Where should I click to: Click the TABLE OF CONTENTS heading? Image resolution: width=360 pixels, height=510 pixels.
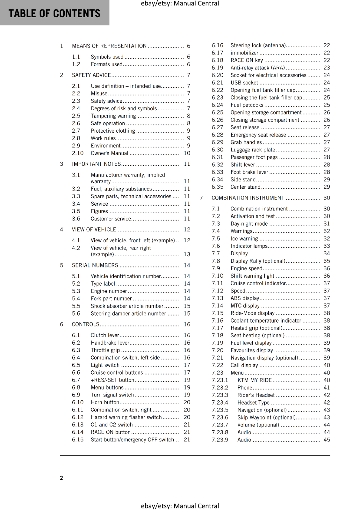[x=54, y=13]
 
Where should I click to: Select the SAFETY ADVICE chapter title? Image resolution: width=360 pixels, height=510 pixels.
[x=91, y=75]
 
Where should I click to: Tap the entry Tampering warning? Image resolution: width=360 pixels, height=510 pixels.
[x=113, y=116]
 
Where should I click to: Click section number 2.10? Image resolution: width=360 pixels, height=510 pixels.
[x=78, y=153]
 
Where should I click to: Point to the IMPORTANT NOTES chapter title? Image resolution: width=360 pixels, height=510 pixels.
[x=96, y=164]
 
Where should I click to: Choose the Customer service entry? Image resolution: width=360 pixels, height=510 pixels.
[x=111, y=219]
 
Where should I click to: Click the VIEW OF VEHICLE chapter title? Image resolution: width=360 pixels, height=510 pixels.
[x=94, y=230]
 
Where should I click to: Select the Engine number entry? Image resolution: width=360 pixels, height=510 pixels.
[x=109, y=291]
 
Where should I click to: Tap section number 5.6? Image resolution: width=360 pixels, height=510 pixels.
[x=76, y=314]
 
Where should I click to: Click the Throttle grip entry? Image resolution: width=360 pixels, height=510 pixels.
[x=105, y=350]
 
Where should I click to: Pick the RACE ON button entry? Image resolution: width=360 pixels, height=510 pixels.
[x=111, y=432]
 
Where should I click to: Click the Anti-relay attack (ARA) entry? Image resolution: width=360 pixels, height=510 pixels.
[x=258, y=68]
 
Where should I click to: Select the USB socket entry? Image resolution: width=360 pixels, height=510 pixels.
[x=244, y=83]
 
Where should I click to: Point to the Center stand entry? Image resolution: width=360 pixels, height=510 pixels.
[x=245, y=187]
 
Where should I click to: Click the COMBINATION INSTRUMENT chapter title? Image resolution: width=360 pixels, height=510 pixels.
[x=248, y=198]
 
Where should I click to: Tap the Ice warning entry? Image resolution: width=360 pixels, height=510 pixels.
[x=244, y=239]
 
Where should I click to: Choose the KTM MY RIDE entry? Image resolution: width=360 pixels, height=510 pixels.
[x=255, y=380]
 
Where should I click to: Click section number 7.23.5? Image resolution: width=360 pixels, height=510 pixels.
[x=220, y=410]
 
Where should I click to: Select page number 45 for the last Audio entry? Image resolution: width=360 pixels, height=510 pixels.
[x=327, y=440]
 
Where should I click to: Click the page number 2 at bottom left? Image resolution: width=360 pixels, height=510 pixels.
[x=61, y=478]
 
